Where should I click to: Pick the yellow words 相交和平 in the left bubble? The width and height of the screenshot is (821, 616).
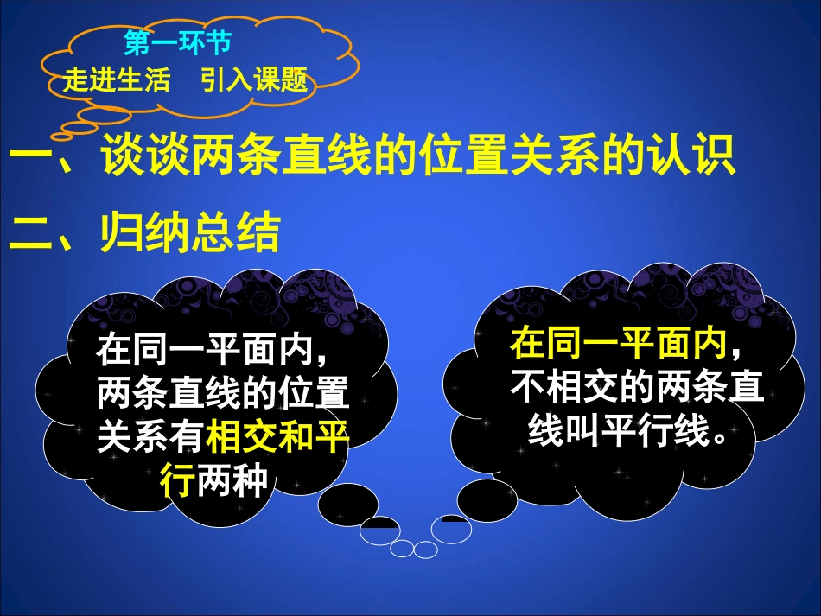(278, 438)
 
